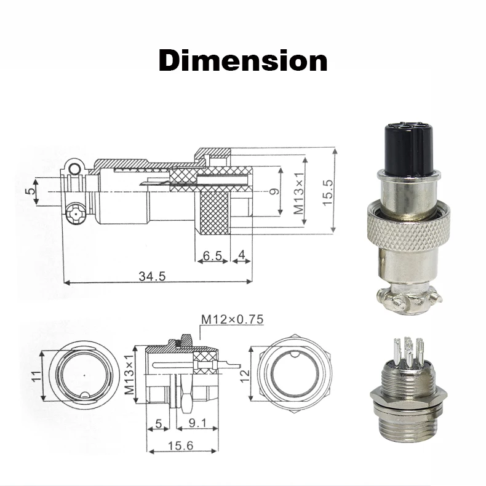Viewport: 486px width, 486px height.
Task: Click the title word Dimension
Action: click(x=243, y=61)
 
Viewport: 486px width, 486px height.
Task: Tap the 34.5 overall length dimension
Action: click(x=152, y=276)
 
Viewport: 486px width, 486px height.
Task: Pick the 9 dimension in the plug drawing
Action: click(x=275, y=191)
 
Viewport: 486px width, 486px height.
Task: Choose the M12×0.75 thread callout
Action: click(x=232, y=319)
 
